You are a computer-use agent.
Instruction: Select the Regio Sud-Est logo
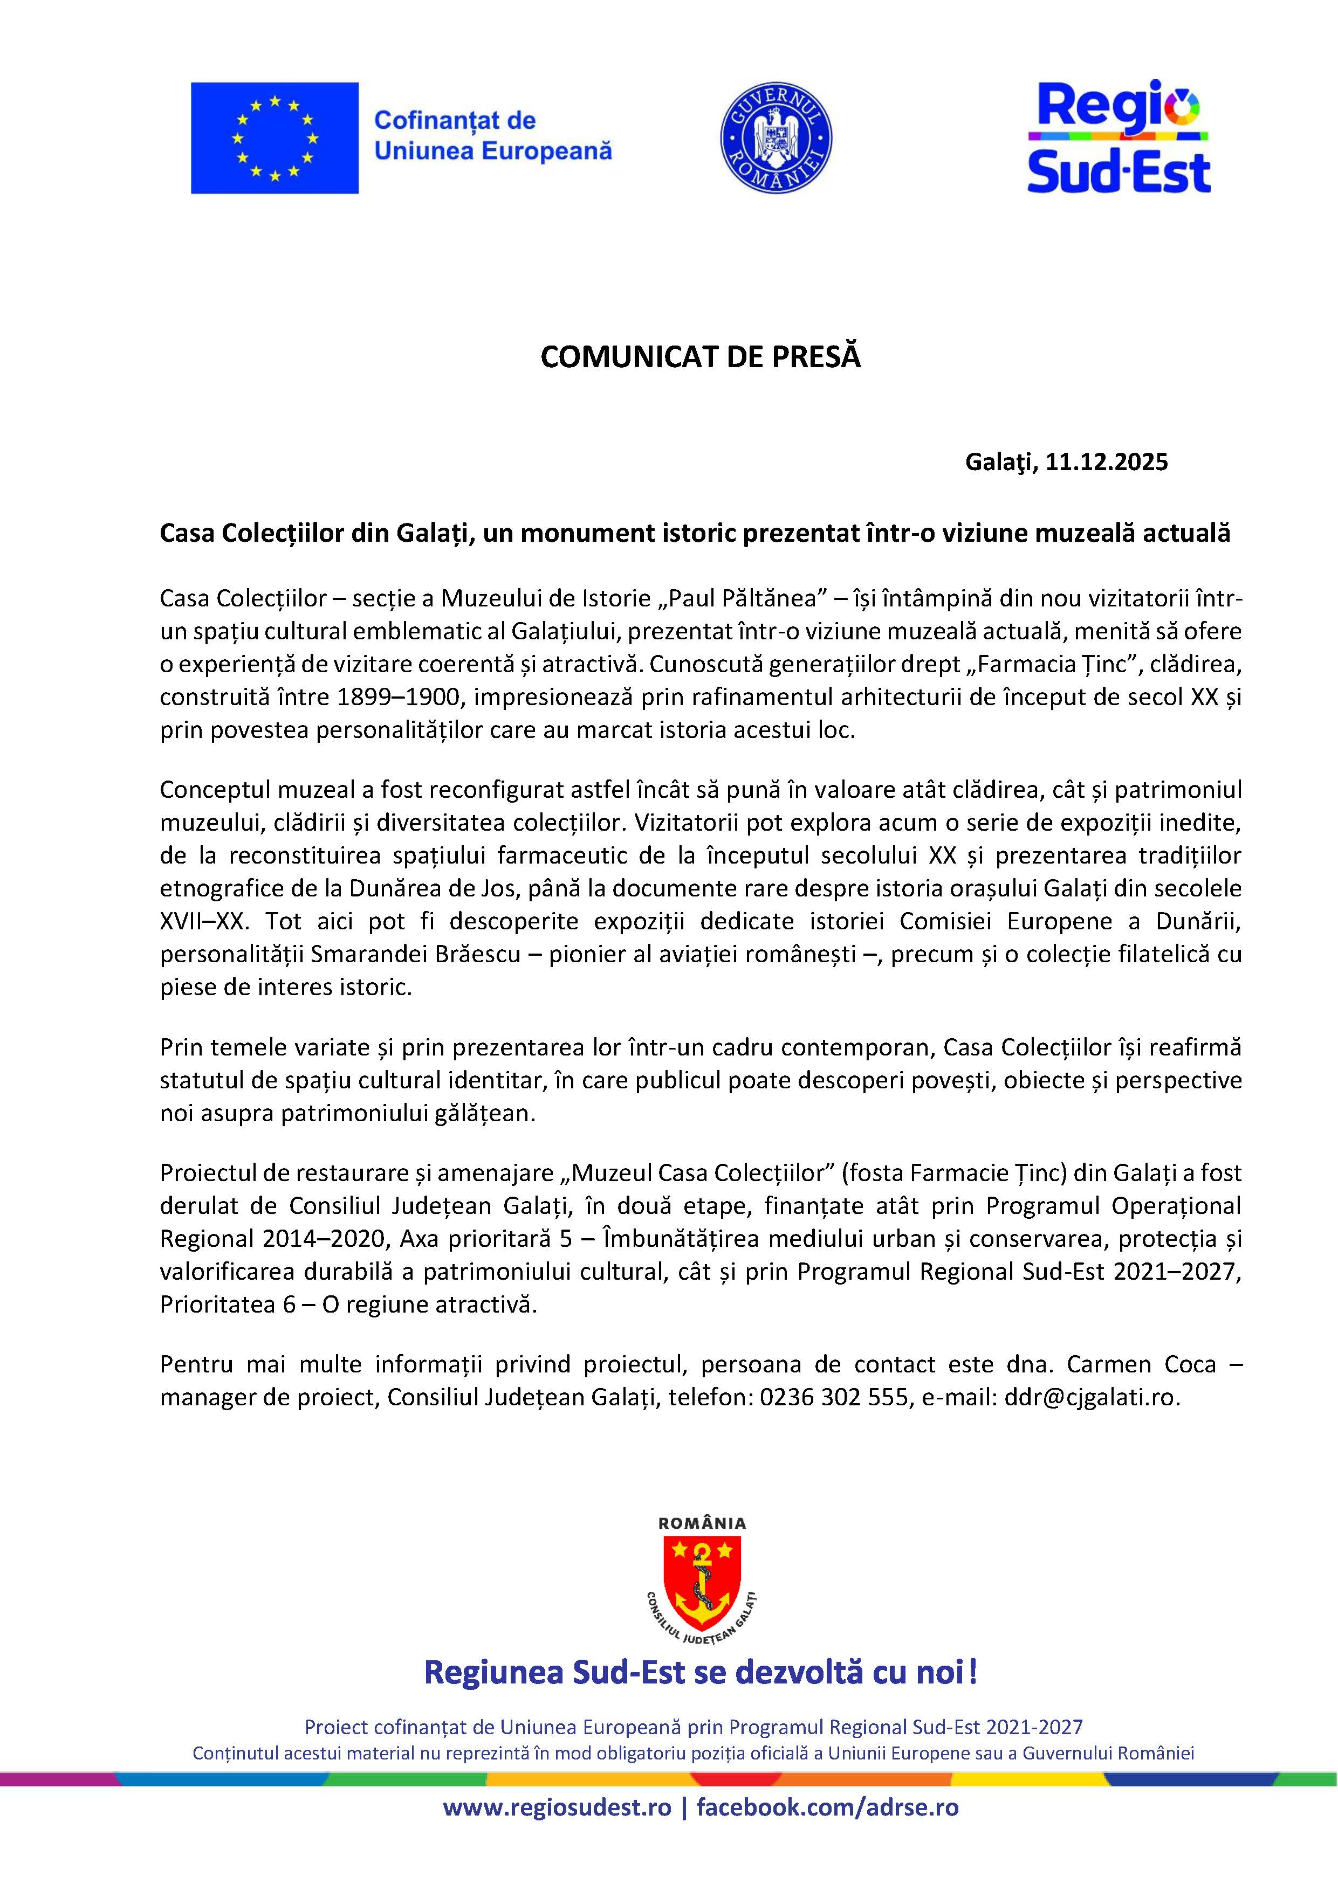pos(1118,137)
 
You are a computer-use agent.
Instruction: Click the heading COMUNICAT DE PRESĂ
pos(701,357)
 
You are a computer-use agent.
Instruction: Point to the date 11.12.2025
pos(1107,462)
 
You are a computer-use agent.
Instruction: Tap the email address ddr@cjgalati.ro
pos(1091,1398)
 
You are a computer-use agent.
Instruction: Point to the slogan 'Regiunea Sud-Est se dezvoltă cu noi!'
pos(701,1673)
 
